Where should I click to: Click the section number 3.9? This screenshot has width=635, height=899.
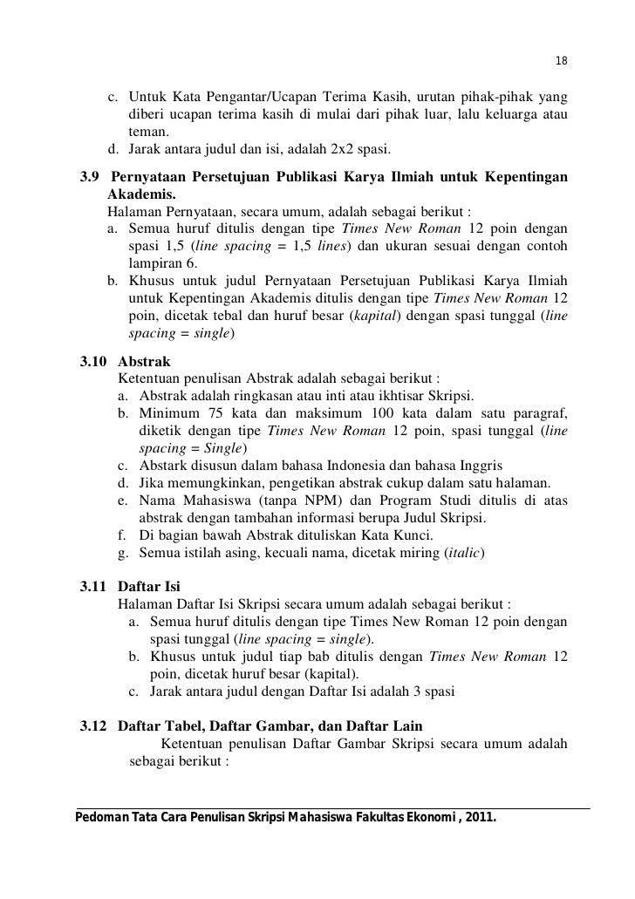(89, 179)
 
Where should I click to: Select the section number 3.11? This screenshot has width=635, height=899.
(92, 586)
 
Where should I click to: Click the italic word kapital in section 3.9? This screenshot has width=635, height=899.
(371, 317)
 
